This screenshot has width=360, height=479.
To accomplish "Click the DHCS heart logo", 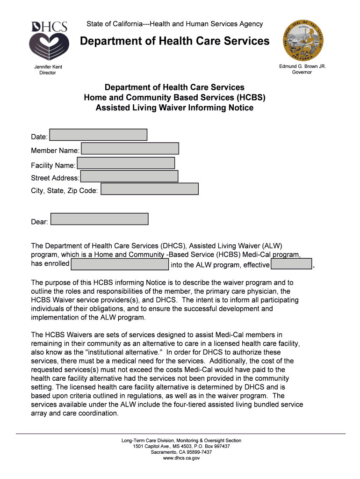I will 49,39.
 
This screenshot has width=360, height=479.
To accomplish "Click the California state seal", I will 302,41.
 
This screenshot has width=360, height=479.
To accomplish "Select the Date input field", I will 98,135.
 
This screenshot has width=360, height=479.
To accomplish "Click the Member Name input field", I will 130,149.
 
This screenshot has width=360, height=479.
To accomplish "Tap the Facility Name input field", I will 126,163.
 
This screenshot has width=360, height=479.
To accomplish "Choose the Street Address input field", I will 129,176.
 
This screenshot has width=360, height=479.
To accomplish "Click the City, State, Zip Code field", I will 150,189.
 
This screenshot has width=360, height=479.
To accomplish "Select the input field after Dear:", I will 99,219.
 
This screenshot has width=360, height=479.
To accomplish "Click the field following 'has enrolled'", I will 120,264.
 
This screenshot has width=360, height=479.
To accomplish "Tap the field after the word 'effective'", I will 291,264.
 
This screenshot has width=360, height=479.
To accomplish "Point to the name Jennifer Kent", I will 48,67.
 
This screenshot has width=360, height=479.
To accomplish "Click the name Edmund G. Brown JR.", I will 302,66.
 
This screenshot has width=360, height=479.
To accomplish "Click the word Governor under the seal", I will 302,73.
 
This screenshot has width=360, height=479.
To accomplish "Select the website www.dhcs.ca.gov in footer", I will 181,458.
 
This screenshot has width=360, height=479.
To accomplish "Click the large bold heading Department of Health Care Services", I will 174,42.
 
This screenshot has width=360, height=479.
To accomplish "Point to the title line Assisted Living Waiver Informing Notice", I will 174,108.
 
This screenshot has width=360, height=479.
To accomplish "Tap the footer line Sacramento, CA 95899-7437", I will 181,452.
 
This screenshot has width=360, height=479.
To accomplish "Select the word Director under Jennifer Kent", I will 48,73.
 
